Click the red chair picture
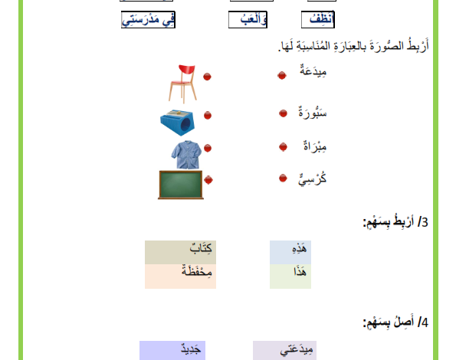[x=183, y=83]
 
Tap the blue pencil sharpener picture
[x=177, y=123]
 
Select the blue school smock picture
[x=186, y=154]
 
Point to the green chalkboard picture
[x=181, y=185]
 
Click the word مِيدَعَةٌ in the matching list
[x=313, y=70]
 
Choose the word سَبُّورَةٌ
[x=313, y=112]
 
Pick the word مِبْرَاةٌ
[x=315, y=146]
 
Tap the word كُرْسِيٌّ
[x=313, y=179]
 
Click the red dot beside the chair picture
[x=207, y=77]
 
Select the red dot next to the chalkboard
[x=208, y=180]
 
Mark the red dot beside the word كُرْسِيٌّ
[x=283, y=178]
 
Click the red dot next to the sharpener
[x=208, y=116]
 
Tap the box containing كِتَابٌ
[x=181, y=252]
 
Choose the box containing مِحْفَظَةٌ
[x=181, y=277]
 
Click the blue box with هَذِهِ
[x=290, y=252]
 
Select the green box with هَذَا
[x=290, y=277]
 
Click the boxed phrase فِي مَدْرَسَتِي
[x=149, y=20]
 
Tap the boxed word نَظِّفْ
[x=318, y=20]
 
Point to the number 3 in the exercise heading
[x=425, y=222]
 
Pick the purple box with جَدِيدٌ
[x=172, y=350]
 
